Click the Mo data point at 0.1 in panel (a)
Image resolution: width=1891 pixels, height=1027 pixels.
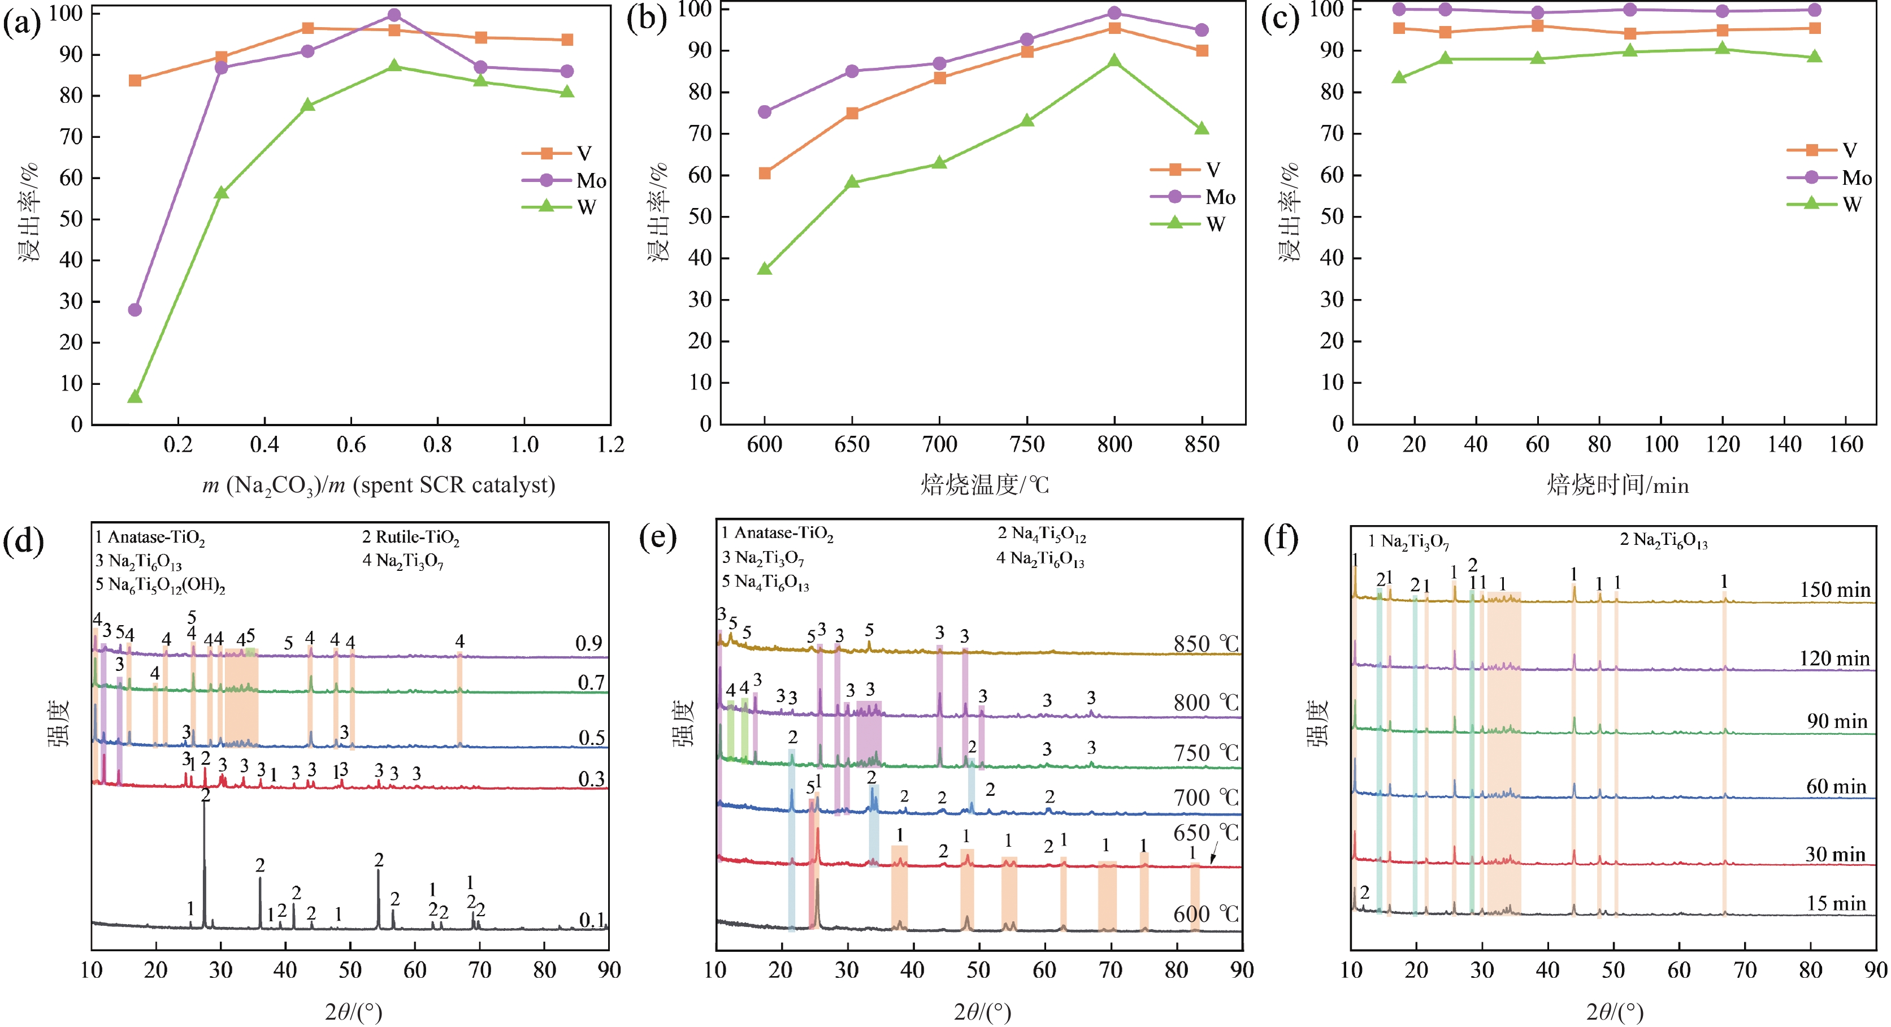[x=135, y=310]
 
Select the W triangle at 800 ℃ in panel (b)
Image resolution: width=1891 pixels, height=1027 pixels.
[x=1114, y=61]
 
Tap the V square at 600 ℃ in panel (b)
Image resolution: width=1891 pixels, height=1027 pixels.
[x=765, y=174]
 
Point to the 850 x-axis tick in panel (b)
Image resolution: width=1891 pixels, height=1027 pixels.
[x=1202, y=444]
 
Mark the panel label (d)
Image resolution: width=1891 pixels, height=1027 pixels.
[x=24, y=542]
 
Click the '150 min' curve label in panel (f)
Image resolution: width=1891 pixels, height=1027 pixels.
[x=1834, y=590]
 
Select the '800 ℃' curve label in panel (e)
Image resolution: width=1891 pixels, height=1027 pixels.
[x=1206, y=703]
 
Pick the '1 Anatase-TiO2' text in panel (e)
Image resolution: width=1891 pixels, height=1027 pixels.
[x=778, y=534]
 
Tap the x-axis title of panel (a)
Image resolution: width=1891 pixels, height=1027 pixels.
[x=378, y=485]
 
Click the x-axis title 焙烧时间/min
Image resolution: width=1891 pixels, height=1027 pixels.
[x=1617, y=485]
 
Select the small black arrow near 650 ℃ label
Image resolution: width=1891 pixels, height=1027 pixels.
[x=1213, y=853]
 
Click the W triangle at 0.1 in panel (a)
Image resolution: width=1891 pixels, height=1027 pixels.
[x=135, y=397]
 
